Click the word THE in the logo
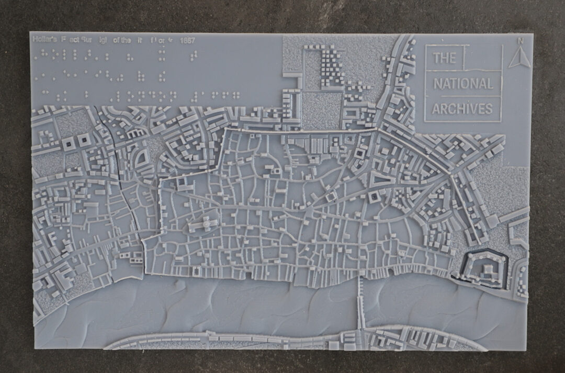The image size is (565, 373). click(445, 58)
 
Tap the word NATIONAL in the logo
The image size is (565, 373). click(462, 84)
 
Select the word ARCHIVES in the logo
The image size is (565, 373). click(462, 109)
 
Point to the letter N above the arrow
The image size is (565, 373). click(520, 41)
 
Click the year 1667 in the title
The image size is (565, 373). click(187, 40)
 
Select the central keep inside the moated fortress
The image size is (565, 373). click(487, 268)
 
